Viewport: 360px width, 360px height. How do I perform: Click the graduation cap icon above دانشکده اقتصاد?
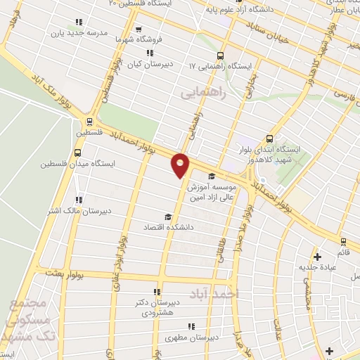pyautogui.click(x=167, y=217)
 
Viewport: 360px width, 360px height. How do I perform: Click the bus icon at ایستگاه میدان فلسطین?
pyautogui.click(x=77, y=151)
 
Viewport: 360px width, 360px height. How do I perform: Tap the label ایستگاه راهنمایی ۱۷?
pyautogui.click(x=220, y=66)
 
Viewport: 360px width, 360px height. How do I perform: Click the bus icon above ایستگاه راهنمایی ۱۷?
pyautogui.click(x=220, y=55)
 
